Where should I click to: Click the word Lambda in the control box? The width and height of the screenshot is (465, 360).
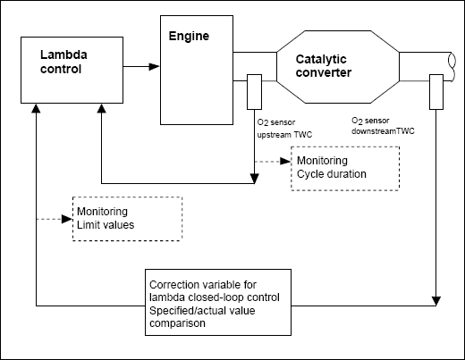(x=63, y=54)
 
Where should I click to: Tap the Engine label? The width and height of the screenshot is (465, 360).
(x=189, y=37)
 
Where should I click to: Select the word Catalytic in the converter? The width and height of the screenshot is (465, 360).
(x=321, y=60)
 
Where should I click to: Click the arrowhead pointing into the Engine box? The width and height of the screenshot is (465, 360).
(x=154, y=66)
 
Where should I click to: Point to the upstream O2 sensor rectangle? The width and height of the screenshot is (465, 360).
(x=254, y=92)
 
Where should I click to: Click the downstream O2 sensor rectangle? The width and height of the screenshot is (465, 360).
(x=436, y=92)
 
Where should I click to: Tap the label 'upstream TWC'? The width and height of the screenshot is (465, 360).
(x=284, y=135)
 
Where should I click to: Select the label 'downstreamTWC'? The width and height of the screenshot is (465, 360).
(x=383, y=131)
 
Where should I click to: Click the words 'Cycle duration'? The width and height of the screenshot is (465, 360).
(x=332, y=174)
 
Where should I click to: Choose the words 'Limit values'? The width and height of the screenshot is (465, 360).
(x=106, y=225)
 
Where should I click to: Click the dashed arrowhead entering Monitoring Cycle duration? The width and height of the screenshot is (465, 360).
(x=285, y=162)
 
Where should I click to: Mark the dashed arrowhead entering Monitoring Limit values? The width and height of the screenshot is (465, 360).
(x=67, y=219)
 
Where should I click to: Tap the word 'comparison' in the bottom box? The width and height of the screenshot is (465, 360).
(x=177, y=323)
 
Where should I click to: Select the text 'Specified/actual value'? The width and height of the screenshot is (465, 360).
(x=202, y=311)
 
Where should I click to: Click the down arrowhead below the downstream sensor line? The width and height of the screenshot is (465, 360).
(x=436, y=301)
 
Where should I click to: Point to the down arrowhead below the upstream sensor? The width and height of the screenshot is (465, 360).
(x=254, y=179)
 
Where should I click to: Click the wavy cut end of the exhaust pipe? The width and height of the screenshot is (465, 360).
(x=452, y=66)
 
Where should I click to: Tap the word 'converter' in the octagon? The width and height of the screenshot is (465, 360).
(x=324, y=73)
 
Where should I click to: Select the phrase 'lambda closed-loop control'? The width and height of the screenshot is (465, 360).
(x=215, y=297)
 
